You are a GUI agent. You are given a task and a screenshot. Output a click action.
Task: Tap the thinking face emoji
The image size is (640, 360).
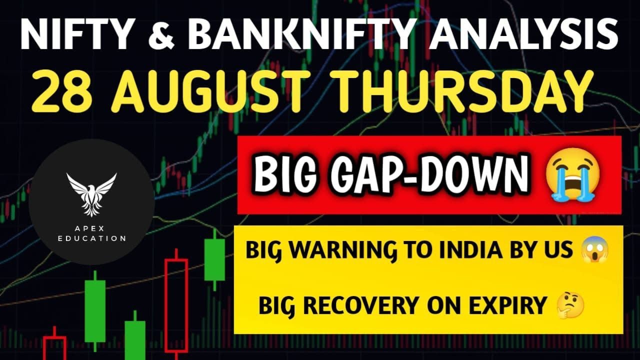click(569, 304)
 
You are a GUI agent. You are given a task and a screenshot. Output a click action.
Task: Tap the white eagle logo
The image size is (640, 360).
click(91, 194)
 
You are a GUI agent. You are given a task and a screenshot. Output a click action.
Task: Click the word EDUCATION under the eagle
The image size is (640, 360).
click(91, 238)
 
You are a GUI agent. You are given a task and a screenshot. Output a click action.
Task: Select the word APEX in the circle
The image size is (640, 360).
click(89, 228)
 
